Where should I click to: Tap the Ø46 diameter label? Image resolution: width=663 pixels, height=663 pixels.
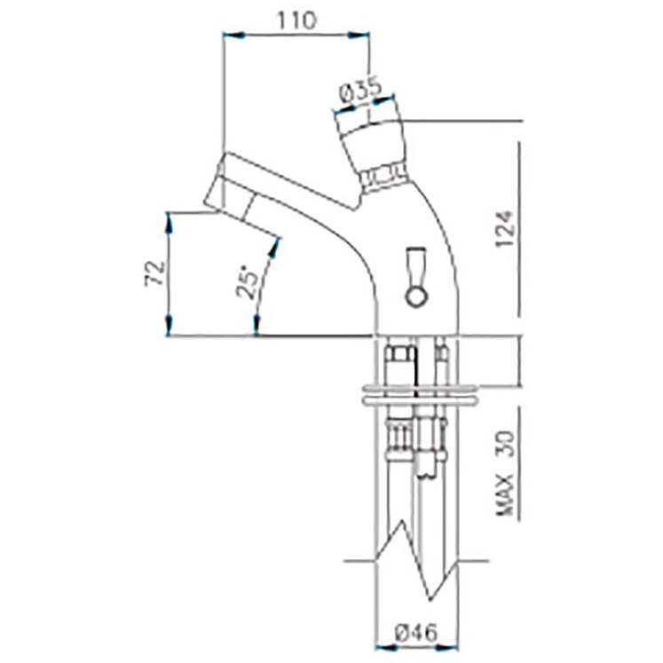[x=417, y=633]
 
